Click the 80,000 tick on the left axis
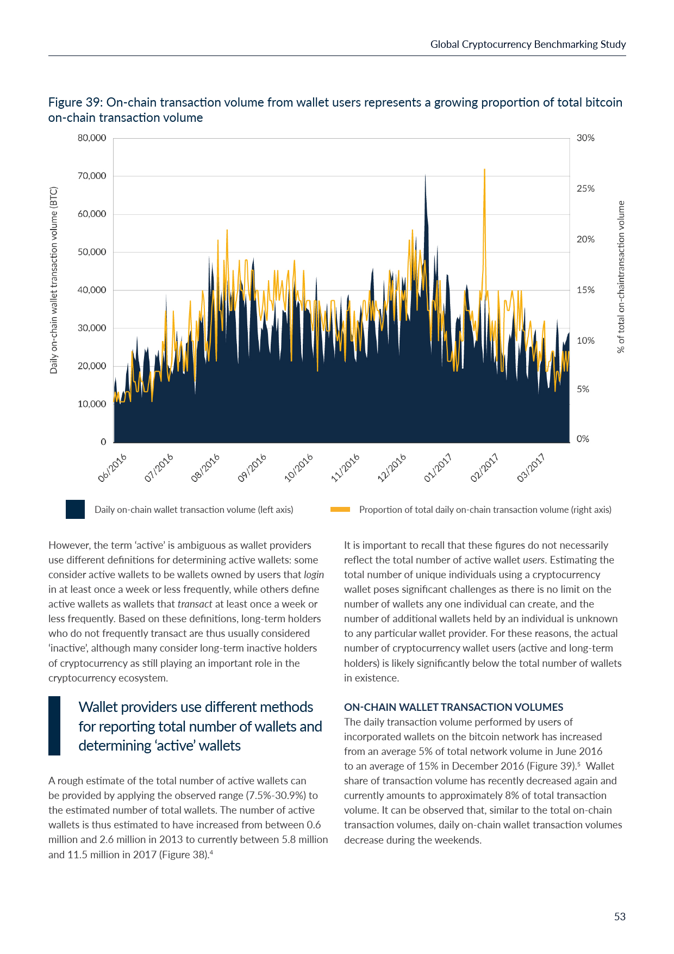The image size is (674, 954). click(x=91, y=138)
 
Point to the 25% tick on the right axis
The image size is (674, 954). click(x=585, y=189)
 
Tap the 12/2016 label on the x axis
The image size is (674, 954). click(x=392, y=467)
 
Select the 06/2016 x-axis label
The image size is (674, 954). click(x=113, y=467)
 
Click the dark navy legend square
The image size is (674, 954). click(x=75, y=510)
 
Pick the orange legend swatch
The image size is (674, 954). click(x=340, y=510)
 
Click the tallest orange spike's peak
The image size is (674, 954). click(x=484, y=170)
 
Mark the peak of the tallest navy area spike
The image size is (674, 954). click(x=425, y=175)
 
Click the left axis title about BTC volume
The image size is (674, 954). click(x=53, y=280)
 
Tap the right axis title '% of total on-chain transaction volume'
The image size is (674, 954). click(x=621, y=277)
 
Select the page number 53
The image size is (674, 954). click(x=620, y=917)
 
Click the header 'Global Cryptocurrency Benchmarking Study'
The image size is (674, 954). click(x=528, y=45)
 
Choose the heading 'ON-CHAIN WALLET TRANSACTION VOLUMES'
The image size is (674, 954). click(x=453, y=707)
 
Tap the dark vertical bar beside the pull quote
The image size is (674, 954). click(x=54, y=726)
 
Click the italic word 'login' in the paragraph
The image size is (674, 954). click(x=314, y=575)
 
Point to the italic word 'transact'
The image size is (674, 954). click(x=195, y=604)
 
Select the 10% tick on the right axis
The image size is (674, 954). click(x=585, y=341)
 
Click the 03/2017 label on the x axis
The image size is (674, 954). click(x=531, y=467)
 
